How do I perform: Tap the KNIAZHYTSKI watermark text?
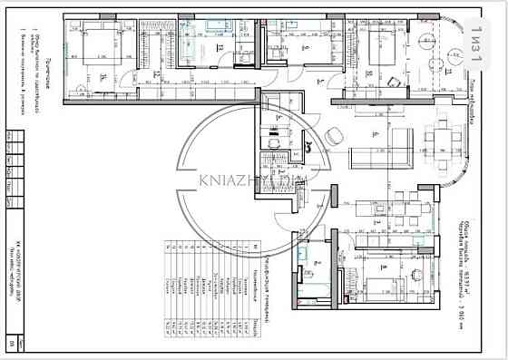pyautogui.click(x=253, y=179)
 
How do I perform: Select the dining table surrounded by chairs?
pyautogui.click(x=444, y=141)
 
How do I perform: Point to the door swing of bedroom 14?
pyautogui.click(x=131, y=78)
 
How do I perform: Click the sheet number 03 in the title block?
pyautogui.click(x=493, y=344)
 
